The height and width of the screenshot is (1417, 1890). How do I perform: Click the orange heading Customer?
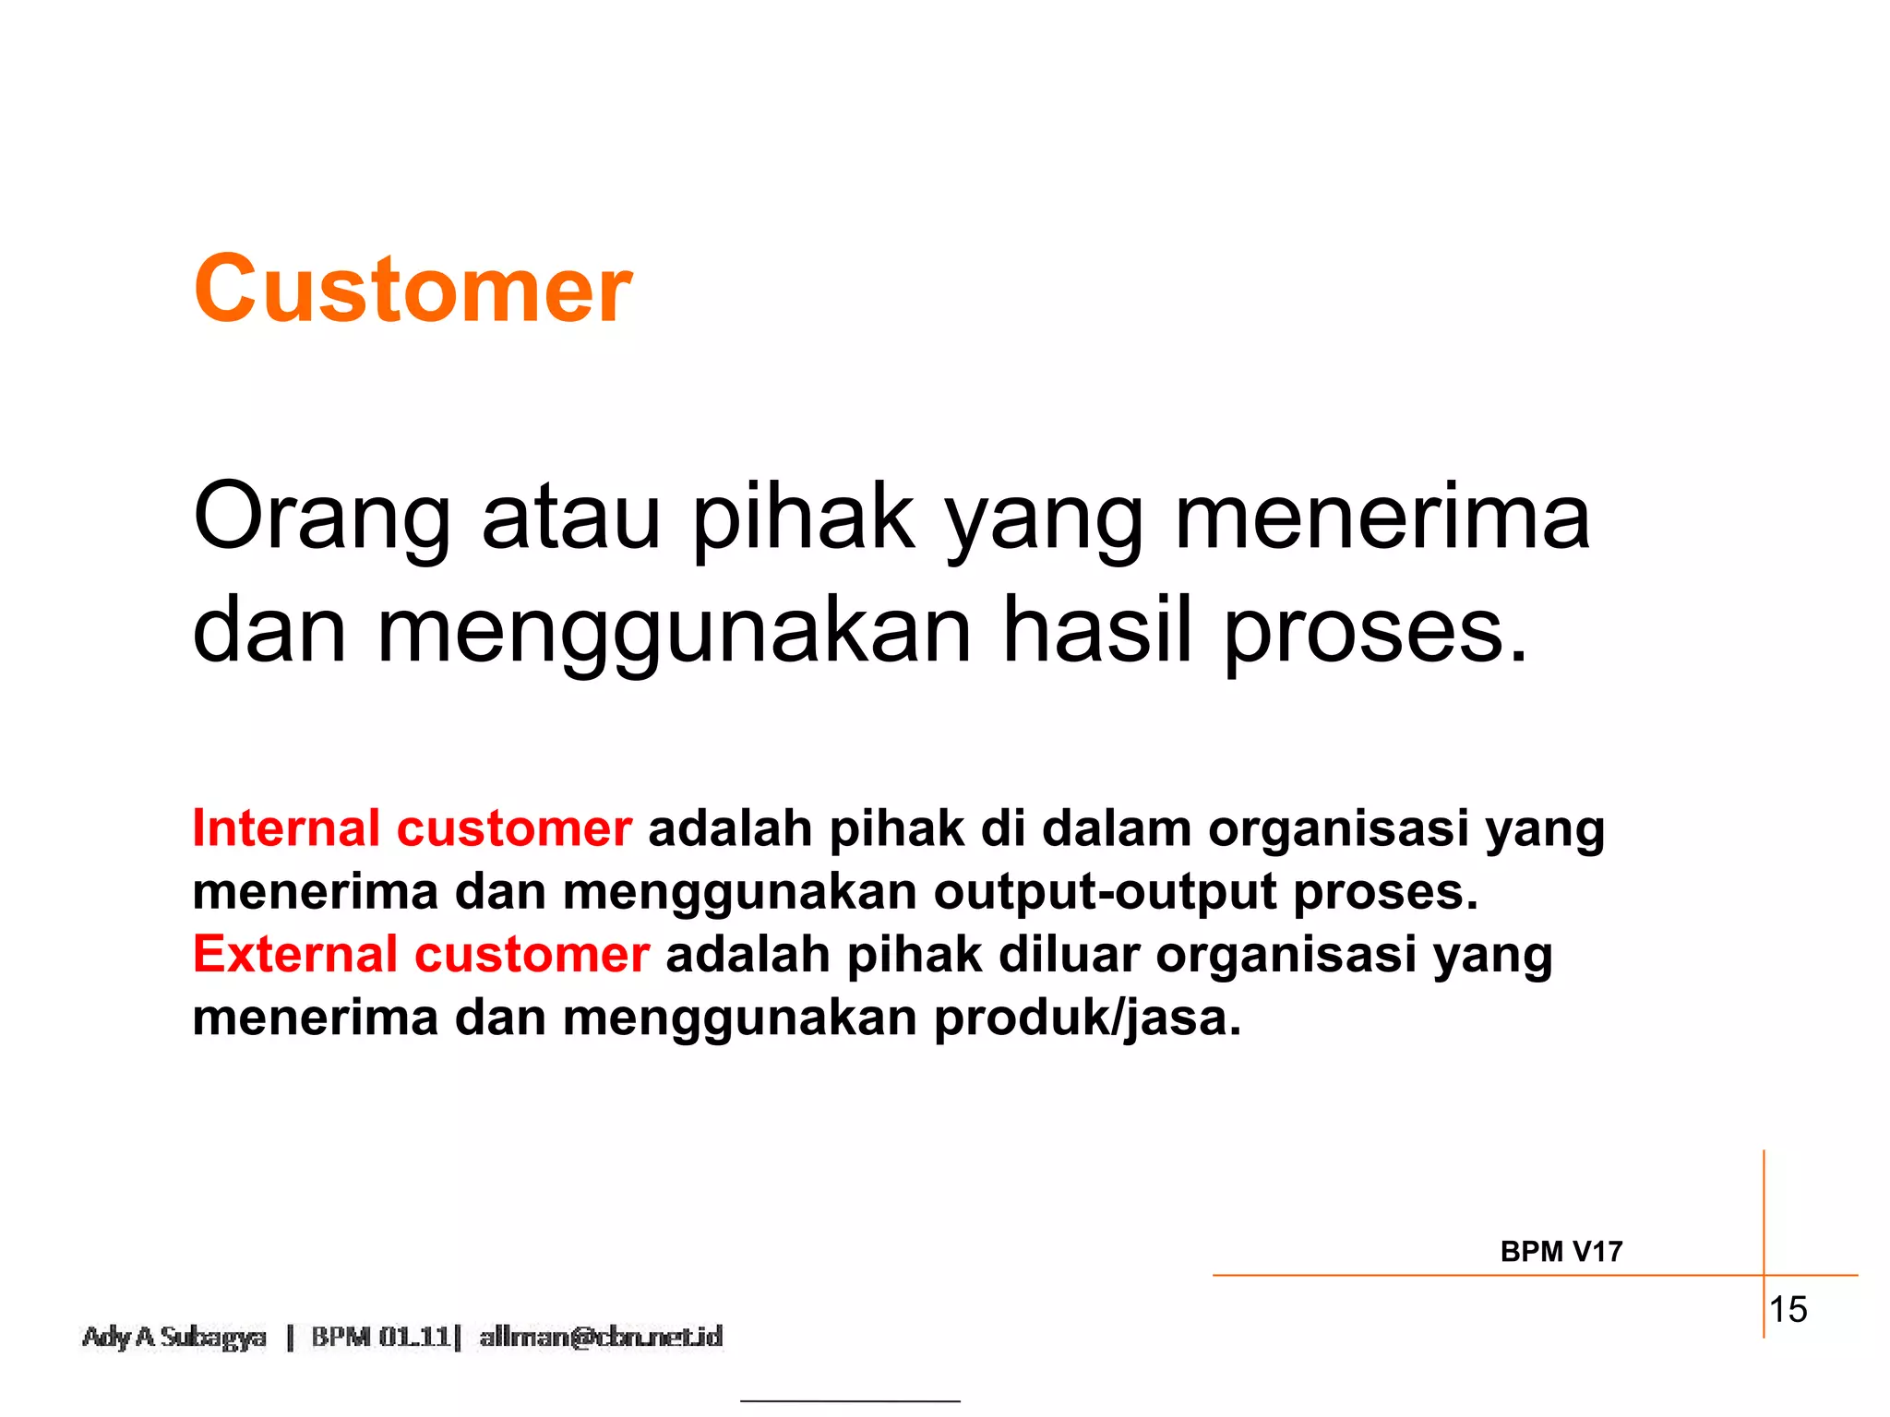tap(413, 290)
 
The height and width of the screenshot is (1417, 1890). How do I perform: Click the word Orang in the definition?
tap(322, 518)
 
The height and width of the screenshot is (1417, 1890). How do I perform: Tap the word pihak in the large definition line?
tap(803, 518)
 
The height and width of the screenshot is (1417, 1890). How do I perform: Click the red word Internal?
tap(286, 828)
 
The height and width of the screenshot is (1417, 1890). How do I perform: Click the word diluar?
tap(1069, 954)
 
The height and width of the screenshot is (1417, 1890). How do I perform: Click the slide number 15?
tap(1788, 1309)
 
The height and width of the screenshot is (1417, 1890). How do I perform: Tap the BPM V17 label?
tap(1561, 1252)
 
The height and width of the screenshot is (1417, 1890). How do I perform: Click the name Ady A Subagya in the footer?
tap(174, 1337)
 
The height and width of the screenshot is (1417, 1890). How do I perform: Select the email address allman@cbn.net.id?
tap(601, 1337)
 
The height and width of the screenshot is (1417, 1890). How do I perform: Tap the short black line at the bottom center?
tap(850, 1401)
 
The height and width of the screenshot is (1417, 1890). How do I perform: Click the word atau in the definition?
tap(571, 518)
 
